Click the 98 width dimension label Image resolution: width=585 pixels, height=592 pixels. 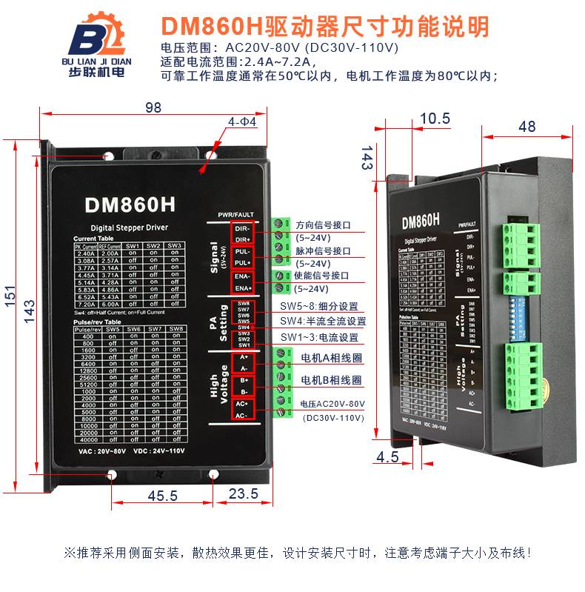click(153, 107)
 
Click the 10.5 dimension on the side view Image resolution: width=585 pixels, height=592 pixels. click(435, 119)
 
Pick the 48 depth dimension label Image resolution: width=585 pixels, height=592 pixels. click(526, 127)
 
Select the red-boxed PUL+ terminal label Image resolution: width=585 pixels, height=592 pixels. click(243, 263)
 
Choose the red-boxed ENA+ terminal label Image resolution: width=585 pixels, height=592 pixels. click(243, 287)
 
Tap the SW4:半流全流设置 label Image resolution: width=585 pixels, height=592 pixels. click(323, 322)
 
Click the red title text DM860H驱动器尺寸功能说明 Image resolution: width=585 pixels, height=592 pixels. click(324, 27)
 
